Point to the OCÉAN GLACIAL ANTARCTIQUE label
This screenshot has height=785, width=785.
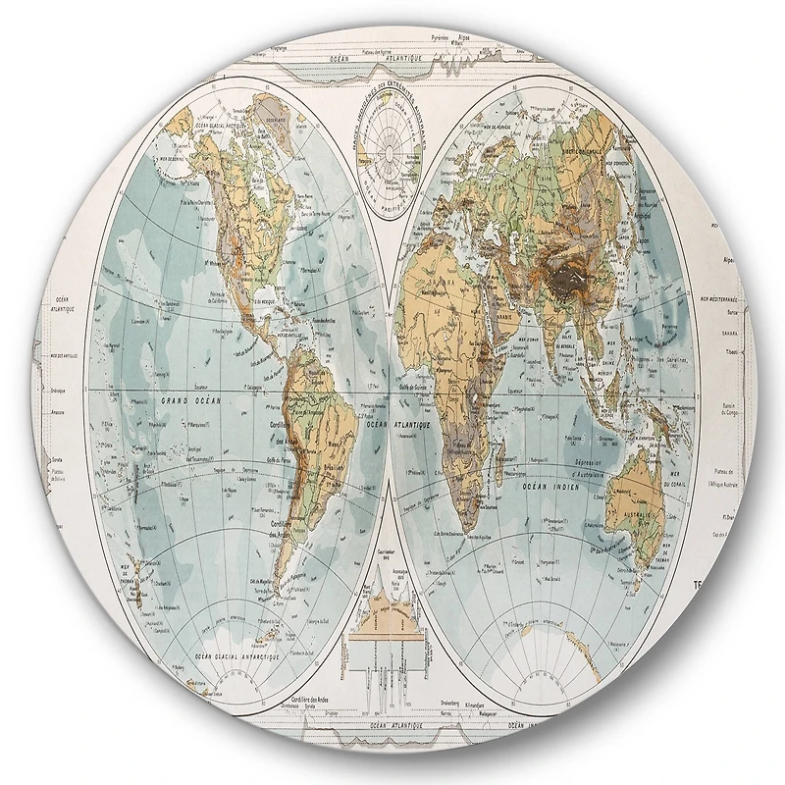click(218, 655)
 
